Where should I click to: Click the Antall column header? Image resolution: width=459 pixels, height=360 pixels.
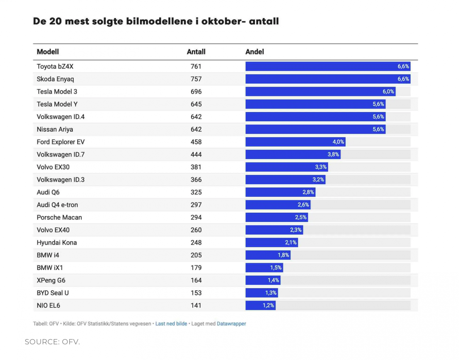[x=196, y=52]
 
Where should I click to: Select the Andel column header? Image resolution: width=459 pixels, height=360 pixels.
[x=255, y=52]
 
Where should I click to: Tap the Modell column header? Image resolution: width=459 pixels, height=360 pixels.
[x=48, y=52]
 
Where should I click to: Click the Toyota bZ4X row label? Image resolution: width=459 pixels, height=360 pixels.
[x=55, y=66]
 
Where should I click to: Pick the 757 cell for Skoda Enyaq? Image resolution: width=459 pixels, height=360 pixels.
[x=196, y=79]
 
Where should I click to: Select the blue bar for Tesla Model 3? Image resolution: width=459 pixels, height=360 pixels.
[x=320, y=91]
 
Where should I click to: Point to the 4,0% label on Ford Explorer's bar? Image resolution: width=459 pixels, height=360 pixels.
[x=338, y=142]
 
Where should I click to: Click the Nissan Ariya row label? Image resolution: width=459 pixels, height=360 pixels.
[x=55, y=129]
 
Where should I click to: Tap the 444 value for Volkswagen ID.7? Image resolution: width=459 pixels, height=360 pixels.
[x=196, y=154]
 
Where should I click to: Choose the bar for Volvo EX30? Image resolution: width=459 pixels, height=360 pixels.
[x=287, y=167]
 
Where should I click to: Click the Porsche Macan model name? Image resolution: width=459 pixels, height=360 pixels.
[x=59, y=217]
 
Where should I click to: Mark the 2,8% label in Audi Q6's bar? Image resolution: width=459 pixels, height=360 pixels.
[x=308, y=192]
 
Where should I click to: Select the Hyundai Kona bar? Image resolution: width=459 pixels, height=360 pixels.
[x=271, y=242]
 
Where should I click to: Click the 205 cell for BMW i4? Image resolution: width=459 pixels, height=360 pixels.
[x=196, y=255]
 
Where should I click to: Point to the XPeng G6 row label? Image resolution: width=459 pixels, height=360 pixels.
[x=51, y=280]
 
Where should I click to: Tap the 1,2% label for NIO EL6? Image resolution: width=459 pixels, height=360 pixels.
[x=268, y=305]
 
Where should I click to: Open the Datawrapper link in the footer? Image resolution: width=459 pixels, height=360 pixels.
[x=231, y=324]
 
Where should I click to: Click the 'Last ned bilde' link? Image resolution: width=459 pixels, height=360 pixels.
[x=171, y=324]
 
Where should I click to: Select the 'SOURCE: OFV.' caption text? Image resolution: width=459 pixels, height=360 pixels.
[x=52, y=342]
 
